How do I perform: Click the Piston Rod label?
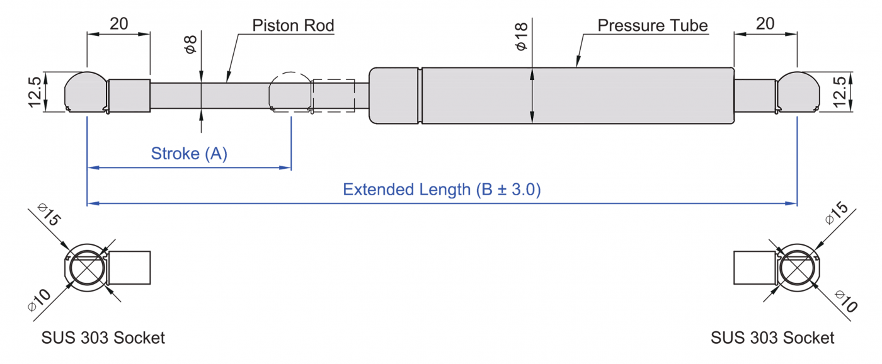(x=293, y=26)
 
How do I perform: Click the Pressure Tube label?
(x=653, y=26)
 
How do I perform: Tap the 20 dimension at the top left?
(x=119, y=23)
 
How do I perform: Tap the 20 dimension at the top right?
(x=765, y=23)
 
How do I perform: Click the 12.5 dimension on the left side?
(x=35, y=92)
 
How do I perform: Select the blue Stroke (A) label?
(x=189, y=154)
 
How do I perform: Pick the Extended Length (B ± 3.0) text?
(x=442, y=190)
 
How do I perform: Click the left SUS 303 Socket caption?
(x=103, y=338)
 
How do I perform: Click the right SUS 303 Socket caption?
(x=772, y=338)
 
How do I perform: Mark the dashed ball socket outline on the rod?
(x=290, y=92)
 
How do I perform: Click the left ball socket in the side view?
(x=86, y=92)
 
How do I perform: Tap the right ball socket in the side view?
(x=798, y=92)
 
